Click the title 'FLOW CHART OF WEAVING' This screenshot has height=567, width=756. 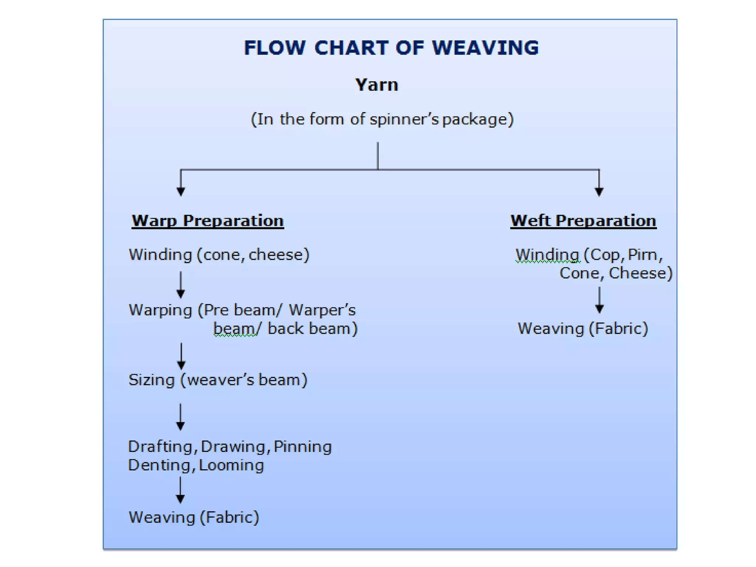[391, 48]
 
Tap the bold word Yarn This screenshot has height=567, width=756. [377, 85]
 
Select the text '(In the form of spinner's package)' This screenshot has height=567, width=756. [382, 119]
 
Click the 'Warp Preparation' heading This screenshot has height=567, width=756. [208, 221]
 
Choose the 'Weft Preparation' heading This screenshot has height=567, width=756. [583, 221]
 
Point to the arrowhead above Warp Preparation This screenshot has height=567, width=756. [181, 191]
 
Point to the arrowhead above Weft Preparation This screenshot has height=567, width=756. [599, 191]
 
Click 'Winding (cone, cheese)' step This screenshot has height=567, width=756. [219, 255]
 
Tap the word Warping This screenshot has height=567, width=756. [161, 310]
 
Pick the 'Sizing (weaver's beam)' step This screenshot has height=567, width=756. [218, 380]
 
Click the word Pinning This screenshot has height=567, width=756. [303, 447]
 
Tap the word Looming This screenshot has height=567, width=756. [231, 465]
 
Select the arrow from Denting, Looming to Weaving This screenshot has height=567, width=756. [181, 490]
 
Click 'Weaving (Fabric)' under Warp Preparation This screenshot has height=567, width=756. [194, 517]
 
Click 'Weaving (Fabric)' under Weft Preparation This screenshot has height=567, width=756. [583, 329]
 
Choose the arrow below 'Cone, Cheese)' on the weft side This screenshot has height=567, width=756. [599, 300]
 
